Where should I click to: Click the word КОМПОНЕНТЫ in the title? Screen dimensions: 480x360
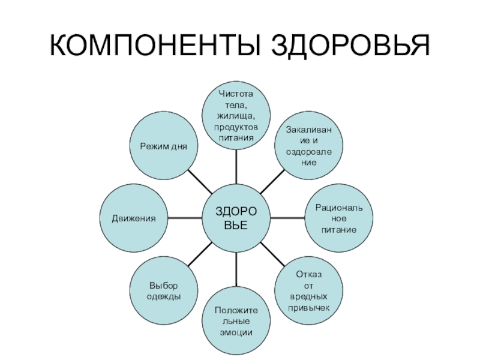(152, 46)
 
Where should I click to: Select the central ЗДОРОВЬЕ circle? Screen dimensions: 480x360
(236, 218)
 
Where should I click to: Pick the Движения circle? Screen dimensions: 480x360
(133, 218)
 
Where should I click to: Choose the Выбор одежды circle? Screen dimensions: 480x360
(164, 291)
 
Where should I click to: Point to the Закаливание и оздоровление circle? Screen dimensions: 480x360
(308, 146)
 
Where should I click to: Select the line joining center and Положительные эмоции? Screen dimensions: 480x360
(236, 269)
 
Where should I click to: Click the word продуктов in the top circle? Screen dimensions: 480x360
(236, 127)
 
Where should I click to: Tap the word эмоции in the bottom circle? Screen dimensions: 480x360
(236, 332)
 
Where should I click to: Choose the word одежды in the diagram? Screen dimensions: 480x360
(164, 296)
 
